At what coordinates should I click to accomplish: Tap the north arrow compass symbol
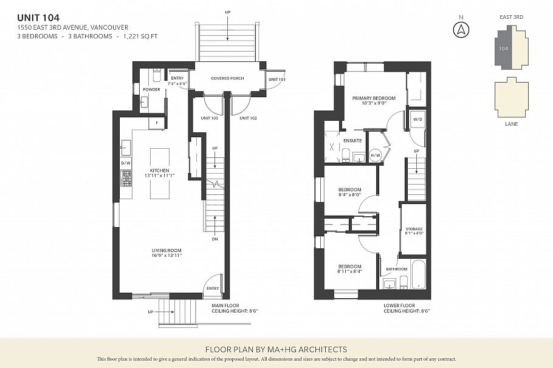point(461,29)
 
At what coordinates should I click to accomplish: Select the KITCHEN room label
point(159,171)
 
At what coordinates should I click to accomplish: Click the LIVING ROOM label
point(167,250)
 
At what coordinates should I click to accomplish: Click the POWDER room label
point(151,89)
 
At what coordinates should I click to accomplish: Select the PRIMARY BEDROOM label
point(374,98)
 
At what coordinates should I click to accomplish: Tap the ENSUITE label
point(352,140)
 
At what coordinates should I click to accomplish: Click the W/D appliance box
point(417,120)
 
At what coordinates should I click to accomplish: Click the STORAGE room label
point(413,229)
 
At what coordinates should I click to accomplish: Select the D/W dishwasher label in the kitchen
point(126,163)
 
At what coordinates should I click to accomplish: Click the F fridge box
point(157,123)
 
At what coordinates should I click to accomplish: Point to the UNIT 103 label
point(210,118)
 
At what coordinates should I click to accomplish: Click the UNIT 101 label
point(276,80)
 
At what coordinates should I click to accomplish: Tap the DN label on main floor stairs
point(215,239)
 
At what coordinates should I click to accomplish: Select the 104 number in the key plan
point(503,48)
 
